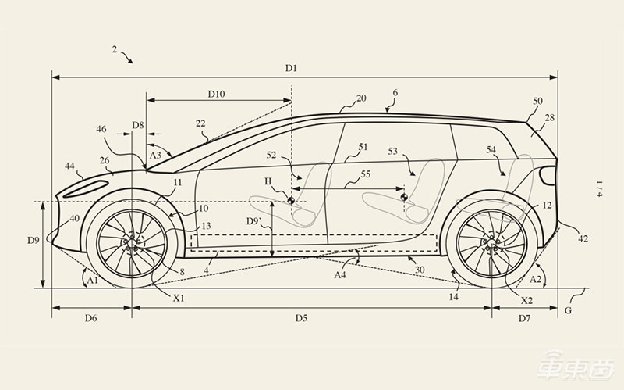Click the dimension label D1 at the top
tap(291, 69)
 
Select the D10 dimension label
tap(216, 94)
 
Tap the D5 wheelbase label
tap(301, 319)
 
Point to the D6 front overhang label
tap(91, 319)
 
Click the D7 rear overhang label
tap(524, 319)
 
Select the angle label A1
tap(93, 280)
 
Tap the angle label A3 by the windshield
tap(156, 155)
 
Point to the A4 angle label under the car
tap(339, 275)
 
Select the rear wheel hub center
tap(491, 243)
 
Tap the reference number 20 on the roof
tap(361, 98)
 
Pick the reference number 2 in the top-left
tap(115, 49)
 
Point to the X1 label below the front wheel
tap(178, 299)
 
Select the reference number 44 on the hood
tap(70, 166)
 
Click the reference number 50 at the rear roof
tap(537, 102)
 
